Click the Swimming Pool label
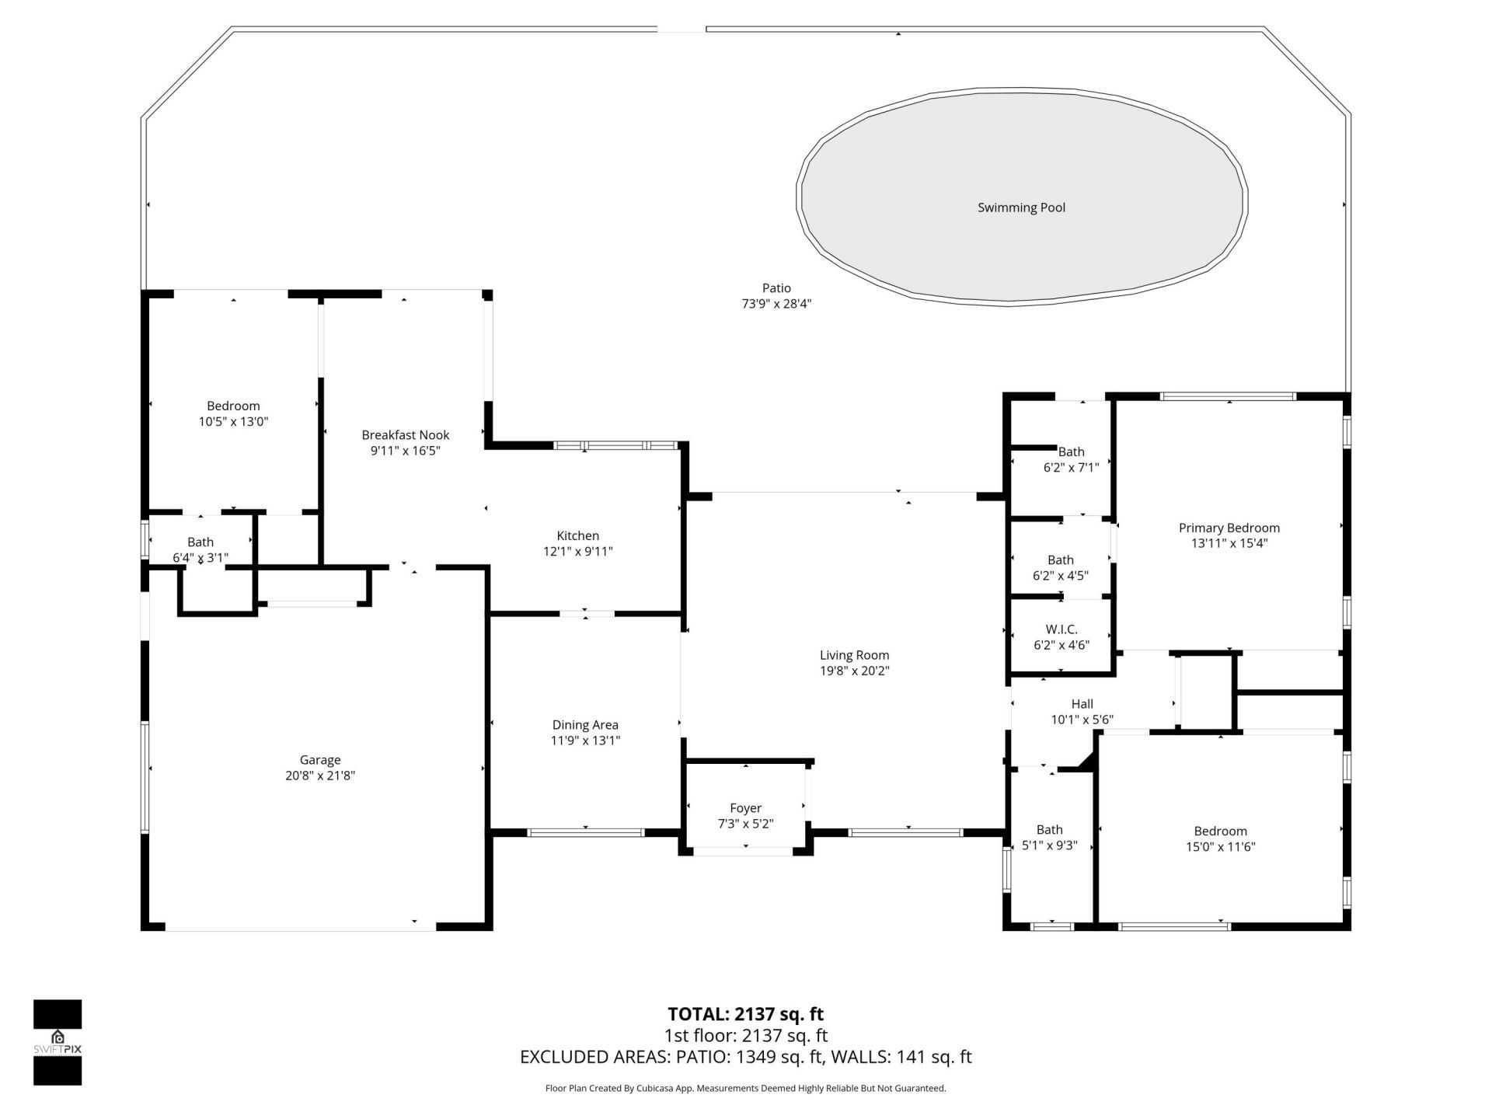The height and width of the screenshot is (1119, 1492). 1021,207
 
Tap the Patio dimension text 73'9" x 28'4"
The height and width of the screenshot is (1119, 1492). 776,304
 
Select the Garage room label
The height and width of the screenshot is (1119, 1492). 320,760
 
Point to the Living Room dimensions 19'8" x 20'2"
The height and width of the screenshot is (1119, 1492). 854,671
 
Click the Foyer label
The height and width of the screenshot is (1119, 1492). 745,808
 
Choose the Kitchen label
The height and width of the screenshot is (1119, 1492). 577,535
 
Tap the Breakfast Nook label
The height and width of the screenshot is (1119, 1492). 405,435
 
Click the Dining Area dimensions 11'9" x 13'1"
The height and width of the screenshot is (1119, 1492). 585,741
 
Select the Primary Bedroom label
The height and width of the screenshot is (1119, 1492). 1229,528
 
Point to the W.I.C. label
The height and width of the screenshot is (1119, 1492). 1061,629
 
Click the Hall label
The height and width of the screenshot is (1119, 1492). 1082,704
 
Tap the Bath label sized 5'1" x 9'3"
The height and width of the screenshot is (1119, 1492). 1049,830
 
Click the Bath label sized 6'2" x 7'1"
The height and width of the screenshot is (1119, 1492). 1071,451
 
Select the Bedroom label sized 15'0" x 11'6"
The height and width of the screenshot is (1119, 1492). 1220,831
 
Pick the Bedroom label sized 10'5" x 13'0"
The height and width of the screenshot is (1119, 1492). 233,406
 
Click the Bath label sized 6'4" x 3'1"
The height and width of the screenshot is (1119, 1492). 200,542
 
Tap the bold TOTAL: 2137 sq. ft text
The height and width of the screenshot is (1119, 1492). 745,1014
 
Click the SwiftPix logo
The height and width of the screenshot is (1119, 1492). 58,1041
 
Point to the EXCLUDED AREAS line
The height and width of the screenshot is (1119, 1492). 745,1057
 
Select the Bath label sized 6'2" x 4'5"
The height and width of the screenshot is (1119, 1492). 1060,559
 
